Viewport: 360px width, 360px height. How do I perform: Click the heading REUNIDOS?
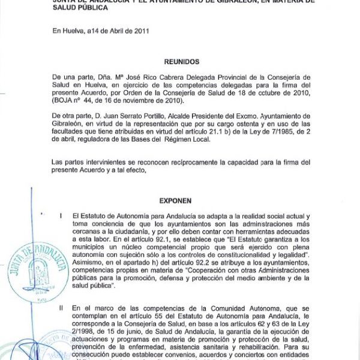(x=182, y=62)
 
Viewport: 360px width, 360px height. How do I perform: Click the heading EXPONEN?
(x=175, y=202)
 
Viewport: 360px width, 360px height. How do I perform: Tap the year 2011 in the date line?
(x=140, y=31)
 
